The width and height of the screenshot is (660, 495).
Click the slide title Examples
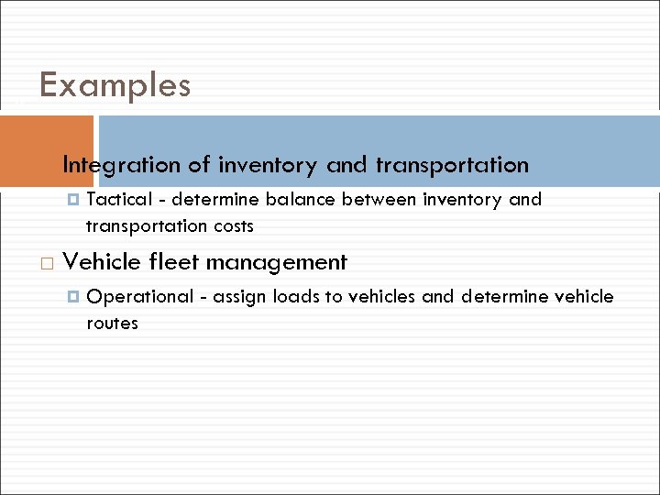tap(115, 85)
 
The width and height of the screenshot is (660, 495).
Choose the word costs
tap(234, 225)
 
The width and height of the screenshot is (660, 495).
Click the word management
tap(276, 263)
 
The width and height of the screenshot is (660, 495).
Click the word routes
tap(112, 323)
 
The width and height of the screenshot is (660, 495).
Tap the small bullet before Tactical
tap(74, 200)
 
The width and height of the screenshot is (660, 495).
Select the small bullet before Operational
tap(74, 297)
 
